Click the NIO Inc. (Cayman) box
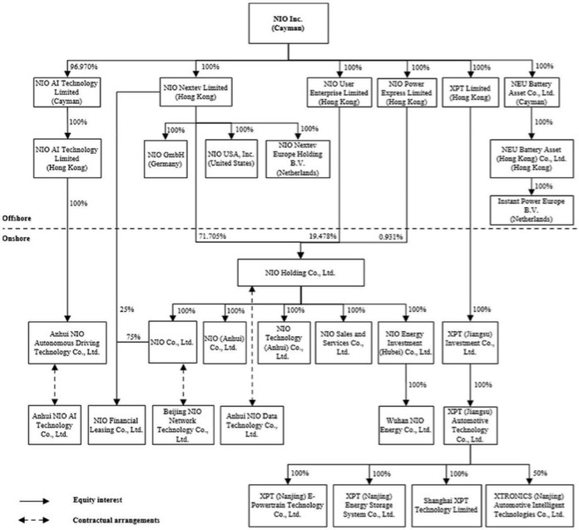(289, 23)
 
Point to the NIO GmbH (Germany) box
(171, 159)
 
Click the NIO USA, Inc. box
(231, 159)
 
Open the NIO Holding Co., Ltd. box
(289, 272)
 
